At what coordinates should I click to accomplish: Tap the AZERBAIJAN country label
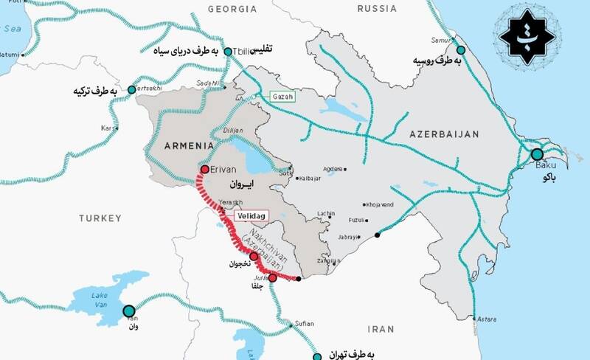(x=445, y=134)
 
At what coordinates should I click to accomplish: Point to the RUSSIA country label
(x=376, y=9)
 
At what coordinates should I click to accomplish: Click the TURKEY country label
(x=100, y=218)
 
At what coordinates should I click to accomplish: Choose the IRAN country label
(x=381, y=329)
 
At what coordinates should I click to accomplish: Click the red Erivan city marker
(x=204, y=169)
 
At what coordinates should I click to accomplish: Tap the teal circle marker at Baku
(x=536, y=154)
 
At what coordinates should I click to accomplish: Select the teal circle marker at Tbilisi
(x=229, y=52)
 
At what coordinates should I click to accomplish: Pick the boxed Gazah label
(x=274, y=97)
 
